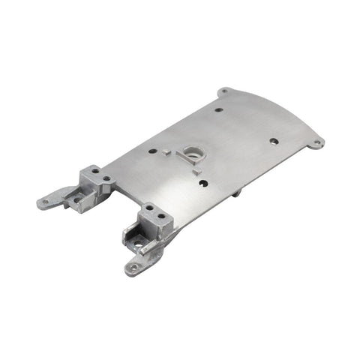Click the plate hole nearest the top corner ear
218,109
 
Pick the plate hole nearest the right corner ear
274,141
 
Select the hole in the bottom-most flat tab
133,267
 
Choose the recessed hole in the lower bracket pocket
137,241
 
